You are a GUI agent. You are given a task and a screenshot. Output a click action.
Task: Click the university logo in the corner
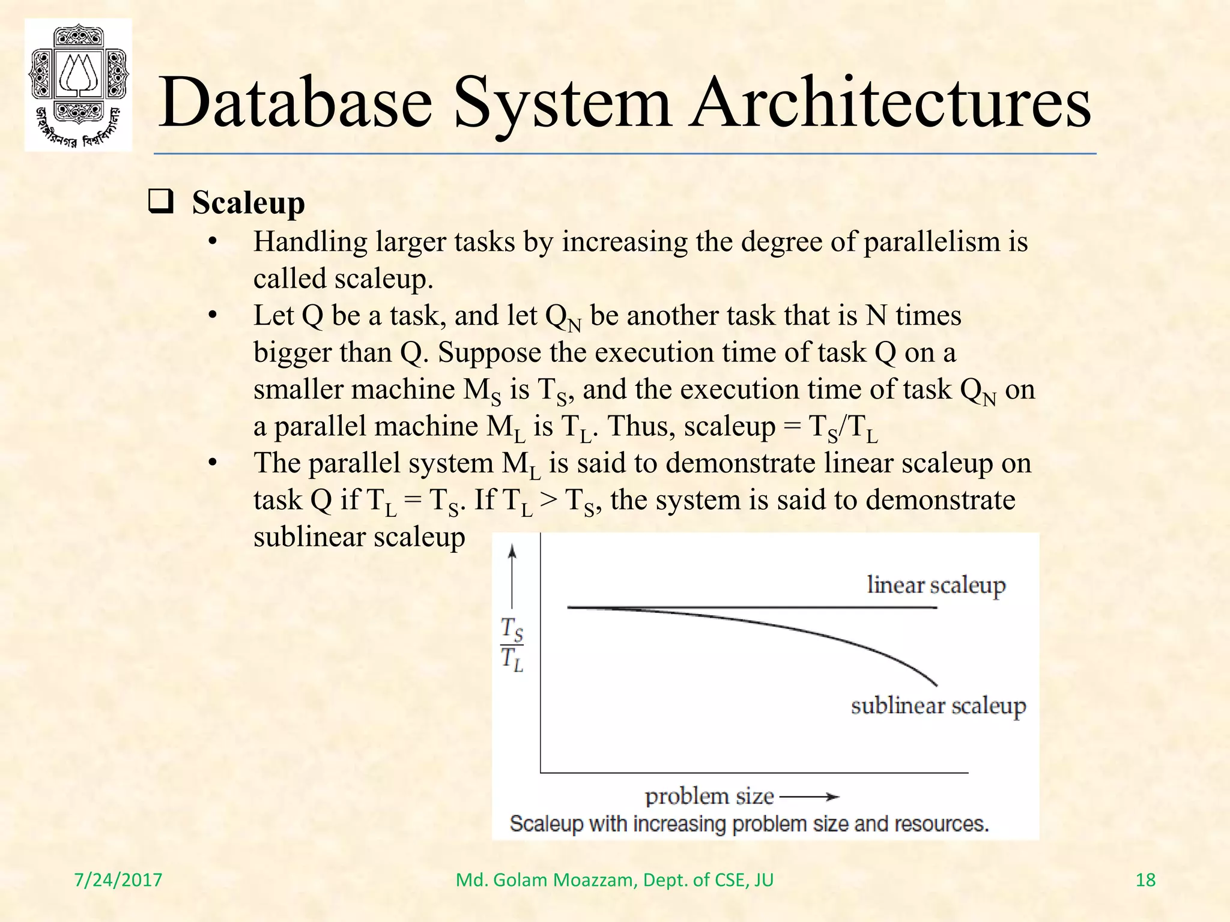pyautogui.click(x=78, y=85)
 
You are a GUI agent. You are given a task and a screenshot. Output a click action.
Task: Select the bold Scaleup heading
pyautogui.click(x=248, y=203)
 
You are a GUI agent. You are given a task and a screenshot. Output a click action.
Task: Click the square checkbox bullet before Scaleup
pyautogui.click(x=161, y=202)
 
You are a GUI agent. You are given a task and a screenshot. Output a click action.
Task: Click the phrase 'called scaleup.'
pyautogui.click(x=343, y=279)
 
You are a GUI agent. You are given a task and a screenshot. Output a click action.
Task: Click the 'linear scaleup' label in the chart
pyautogui.click(x=936, y=585)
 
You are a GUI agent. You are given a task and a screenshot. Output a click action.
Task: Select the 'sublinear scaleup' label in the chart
pyautogui.click(x=938, y=706)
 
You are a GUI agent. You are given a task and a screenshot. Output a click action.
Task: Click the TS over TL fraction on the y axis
pyautogui.click(x=512, y=645)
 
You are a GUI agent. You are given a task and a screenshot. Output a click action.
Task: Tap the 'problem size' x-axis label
pyautogui.click(x=709, y=797)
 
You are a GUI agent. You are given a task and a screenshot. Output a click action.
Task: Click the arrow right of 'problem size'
pyautogui.click(x=810, y=797)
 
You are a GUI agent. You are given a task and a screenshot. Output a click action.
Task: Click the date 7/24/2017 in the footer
pyautogui.click(x=118, y=880)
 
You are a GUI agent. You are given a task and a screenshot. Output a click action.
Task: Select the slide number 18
pyautogui.click(x=1145, y=880)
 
